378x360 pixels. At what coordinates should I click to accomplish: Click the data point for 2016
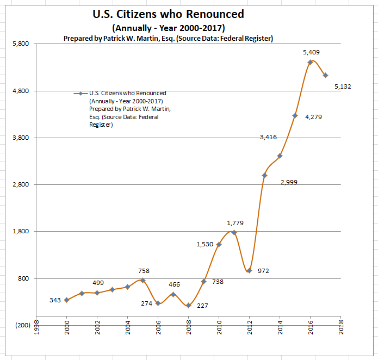point(310,63)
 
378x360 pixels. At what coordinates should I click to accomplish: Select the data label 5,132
point(343,86)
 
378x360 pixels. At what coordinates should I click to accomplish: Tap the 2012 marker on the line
point(249,270)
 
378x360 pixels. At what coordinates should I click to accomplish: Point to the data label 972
point(264,271)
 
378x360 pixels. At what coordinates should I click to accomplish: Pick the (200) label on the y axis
point(22,325)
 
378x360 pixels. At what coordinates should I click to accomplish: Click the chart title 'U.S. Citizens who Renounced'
point(169,14)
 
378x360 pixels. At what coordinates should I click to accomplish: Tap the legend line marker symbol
point(80,94)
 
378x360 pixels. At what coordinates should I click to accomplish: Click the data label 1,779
point(236,223)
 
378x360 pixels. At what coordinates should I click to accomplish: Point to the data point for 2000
point(66,300)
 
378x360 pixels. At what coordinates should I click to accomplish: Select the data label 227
point(202,306)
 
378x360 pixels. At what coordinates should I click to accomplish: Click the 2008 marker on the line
point(188,306)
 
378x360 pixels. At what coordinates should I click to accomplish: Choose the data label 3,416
point(268,137)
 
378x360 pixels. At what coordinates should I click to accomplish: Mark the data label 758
point(144,271)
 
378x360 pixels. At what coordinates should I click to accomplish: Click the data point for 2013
point(264,175)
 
